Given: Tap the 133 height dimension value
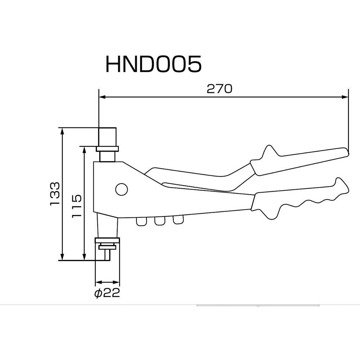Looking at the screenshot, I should [x=54, y=194].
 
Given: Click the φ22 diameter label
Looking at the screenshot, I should [x=107, y=293].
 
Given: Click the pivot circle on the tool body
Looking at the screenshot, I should [x=121, y=189].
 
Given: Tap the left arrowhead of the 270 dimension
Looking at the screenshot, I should [x=103, y=97].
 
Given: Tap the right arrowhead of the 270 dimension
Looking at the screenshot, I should [x=345, y=97].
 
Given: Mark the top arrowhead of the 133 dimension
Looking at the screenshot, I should [x=63, y=131].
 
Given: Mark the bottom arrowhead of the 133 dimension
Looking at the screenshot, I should [x=63, y=256].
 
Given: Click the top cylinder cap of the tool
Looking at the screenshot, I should [x=107, y=136].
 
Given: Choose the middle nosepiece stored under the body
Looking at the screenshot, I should [x=159, y=221].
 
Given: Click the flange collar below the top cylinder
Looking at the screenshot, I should [x=107, y=149].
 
